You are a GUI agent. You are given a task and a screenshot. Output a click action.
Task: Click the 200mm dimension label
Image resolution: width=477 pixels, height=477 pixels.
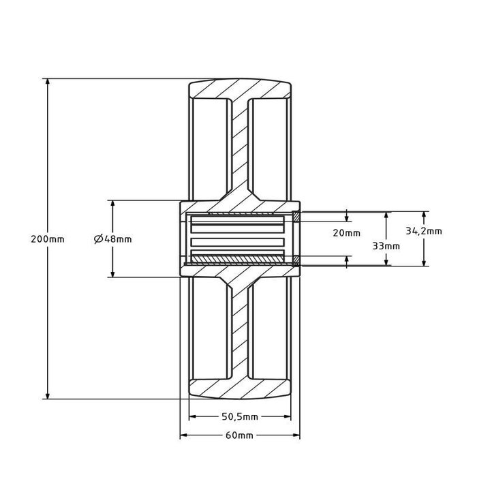[48, 239]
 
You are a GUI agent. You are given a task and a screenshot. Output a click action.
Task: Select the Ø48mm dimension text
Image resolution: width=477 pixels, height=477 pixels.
[113, 239]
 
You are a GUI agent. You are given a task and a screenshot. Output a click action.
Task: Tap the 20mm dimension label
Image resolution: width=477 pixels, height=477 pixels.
[346, 233]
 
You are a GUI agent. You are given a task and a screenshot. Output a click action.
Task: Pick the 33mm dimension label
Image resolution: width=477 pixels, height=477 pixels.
[386, 246]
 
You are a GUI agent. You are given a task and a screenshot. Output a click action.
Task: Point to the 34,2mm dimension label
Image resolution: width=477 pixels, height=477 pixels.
[424, 231]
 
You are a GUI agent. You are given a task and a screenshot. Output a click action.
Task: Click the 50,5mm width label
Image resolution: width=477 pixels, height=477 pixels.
[240, 416]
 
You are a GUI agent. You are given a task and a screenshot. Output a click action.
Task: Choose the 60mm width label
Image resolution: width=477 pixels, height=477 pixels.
[239, 435]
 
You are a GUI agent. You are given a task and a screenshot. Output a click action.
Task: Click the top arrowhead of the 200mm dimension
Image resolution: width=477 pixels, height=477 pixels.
[48, 82]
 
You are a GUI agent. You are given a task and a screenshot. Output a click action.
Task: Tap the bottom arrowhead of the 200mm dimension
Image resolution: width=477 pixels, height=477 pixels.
[48, 395]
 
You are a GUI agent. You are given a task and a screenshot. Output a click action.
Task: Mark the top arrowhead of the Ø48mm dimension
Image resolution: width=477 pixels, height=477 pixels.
[112, 204]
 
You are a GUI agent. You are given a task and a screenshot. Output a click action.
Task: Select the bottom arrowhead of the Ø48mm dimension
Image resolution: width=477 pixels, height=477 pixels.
[112, 273]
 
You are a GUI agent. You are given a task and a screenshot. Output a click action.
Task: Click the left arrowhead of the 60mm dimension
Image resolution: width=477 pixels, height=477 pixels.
[184, 435]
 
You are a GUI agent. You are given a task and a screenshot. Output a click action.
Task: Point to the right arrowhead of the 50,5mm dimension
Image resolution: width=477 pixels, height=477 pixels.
[287, 416]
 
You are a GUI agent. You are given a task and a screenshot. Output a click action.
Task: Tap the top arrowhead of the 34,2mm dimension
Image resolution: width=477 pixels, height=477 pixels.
[424, 215]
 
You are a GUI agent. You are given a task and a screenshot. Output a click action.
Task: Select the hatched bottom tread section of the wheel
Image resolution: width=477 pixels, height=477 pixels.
[240, 389]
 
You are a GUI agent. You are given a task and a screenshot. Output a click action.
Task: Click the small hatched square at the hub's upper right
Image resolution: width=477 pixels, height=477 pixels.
[296, 216]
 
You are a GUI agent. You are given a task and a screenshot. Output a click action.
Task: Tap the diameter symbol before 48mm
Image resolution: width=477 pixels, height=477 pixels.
[97, 239]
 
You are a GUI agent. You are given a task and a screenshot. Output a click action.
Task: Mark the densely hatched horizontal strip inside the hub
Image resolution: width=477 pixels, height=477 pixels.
[238, 259]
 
